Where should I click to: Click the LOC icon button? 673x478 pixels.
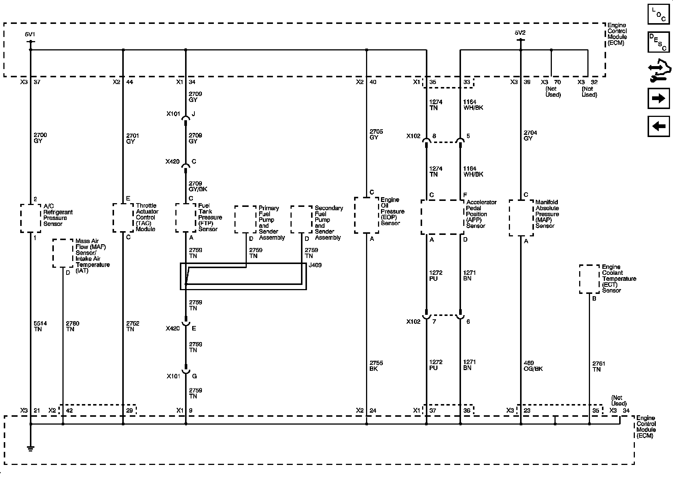(658, 14)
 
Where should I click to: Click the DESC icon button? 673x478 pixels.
(658, 42)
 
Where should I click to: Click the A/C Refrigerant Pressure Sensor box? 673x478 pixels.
(30, 218)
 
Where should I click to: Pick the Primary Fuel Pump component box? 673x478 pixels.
(246, 219)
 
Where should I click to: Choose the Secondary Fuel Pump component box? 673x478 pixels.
(301, 219)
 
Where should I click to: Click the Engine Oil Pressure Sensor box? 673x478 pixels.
(366, 215)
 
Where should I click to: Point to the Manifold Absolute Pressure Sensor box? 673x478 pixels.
(521, 218)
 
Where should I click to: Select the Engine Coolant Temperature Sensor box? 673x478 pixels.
(590, 279)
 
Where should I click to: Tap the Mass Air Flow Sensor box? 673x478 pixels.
(63, 253)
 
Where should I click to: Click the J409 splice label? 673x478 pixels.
(315, 266)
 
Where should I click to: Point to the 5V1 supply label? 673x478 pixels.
(30, 34)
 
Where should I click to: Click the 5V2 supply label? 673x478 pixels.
(520, 33)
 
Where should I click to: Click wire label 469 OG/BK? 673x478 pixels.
(533, 366)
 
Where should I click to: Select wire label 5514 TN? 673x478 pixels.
(40, 326)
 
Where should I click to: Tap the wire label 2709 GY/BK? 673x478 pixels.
(198, 186)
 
